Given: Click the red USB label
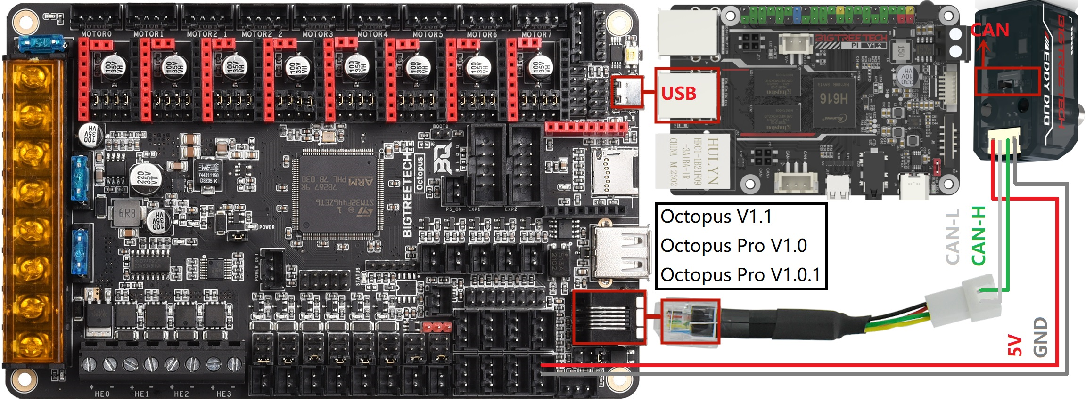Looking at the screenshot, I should [678, 94].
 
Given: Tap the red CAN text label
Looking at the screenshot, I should [990, 30].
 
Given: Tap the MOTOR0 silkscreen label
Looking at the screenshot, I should [96, 34].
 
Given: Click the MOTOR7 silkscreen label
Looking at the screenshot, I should [536, 34].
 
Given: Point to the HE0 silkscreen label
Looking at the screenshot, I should [102, 394].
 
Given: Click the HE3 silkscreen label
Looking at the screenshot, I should [224, 394].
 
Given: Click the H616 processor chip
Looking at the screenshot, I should [833, 98].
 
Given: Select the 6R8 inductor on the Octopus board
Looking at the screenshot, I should [127, 213].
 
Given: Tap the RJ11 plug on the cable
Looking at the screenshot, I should [690, 322].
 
